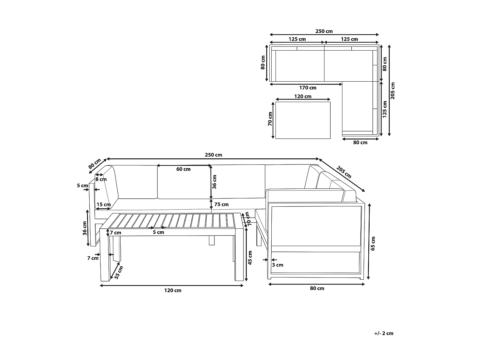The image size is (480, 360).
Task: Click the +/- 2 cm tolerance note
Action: pos(384,333)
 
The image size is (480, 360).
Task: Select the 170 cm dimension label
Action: pos(308,88)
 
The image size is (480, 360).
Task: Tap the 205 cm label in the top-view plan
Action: pos(393,91)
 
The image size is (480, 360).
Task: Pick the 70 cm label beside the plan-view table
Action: pos(270,119)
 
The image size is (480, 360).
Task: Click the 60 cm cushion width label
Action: pos(183,169)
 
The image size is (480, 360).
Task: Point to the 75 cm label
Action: pos(221,204)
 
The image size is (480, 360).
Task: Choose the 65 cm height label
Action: pos(373,244)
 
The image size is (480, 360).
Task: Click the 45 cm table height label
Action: pos(250,258)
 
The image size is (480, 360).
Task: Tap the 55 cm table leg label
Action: pos(119,272)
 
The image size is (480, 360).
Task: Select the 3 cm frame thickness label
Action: pos(277,265)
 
